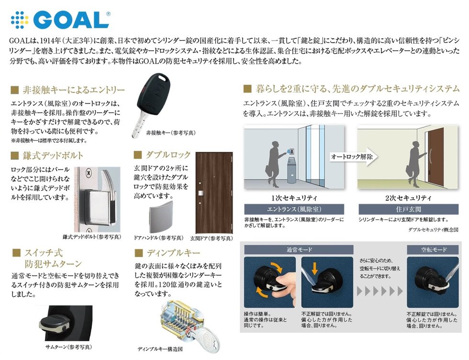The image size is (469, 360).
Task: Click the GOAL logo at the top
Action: point(60,20)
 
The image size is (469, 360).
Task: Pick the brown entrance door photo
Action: point(214,193)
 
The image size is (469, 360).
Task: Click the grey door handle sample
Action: point(161,217)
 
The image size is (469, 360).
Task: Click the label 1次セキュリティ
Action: point(294,198)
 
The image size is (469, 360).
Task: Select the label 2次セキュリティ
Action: point(408,198)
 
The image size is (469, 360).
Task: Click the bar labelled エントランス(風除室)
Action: point(294,209)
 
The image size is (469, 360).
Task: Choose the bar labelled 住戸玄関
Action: point(408,209)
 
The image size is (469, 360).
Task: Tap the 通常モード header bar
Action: point(299,249)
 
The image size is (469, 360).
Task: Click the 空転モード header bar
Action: point(433,249)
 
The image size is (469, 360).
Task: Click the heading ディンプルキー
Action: point(173,253)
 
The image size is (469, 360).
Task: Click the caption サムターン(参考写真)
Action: point(68,347)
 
